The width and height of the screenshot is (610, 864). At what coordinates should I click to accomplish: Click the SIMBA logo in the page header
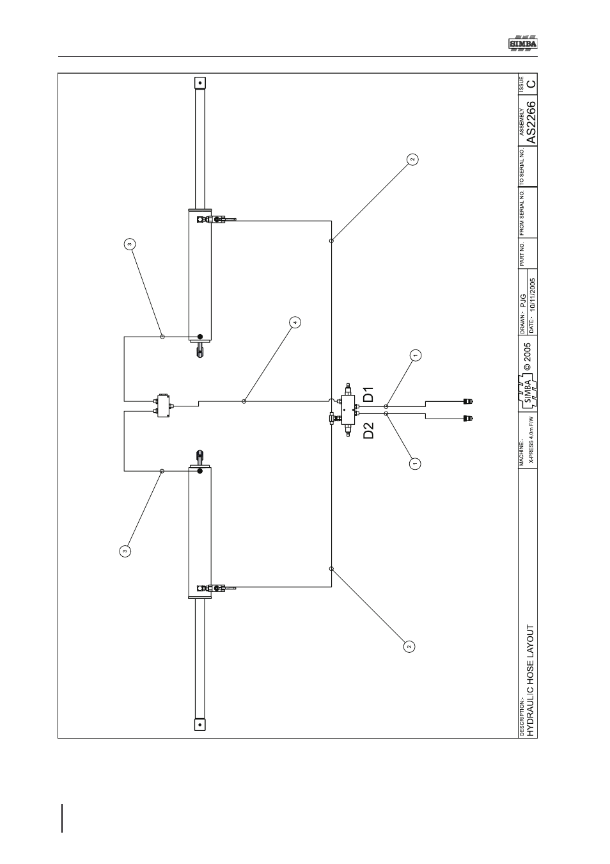pyautogui.click(x=523, y=44)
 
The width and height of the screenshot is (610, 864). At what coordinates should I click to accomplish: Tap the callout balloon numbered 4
pyautogui.click(x=295, y=322)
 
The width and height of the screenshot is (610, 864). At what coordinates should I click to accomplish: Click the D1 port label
pyautogui.click(x=369, y=394)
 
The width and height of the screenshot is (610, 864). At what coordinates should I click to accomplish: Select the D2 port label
pyautogui.click(x=369, y=431)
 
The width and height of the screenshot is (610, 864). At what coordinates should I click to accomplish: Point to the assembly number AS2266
pyautogui.click(x=531, y=122)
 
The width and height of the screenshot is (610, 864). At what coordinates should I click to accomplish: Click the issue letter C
pyautogui.click(x=531, y=83)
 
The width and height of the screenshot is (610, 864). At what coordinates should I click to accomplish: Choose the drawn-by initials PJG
pyautogui.click(x=523, y=301)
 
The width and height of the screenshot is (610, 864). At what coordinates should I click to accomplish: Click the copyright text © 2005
pyautogui.click(x=528, y=356)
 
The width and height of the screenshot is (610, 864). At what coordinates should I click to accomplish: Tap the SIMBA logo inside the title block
pyautogui.click(x=528, y=392)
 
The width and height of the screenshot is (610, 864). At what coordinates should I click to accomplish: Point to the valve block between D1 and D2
pyautogui.click(x=348, y=410)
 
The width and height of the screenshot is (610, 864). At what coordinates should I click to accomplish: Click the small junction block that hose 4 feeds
pyautogui.click(x=164, y=405)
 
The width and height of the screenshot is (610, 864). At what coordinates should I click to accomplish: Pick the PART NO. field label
pyautogui.click(x=522, y=254)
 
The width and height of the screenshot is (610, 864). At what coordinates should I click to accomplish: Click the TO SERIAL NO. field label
pyautogui.click(x=522, y=166)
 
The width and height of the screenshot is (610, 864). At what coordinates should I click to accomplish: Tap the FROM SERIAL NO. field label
pyautogui.click(x=522, y=212)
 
